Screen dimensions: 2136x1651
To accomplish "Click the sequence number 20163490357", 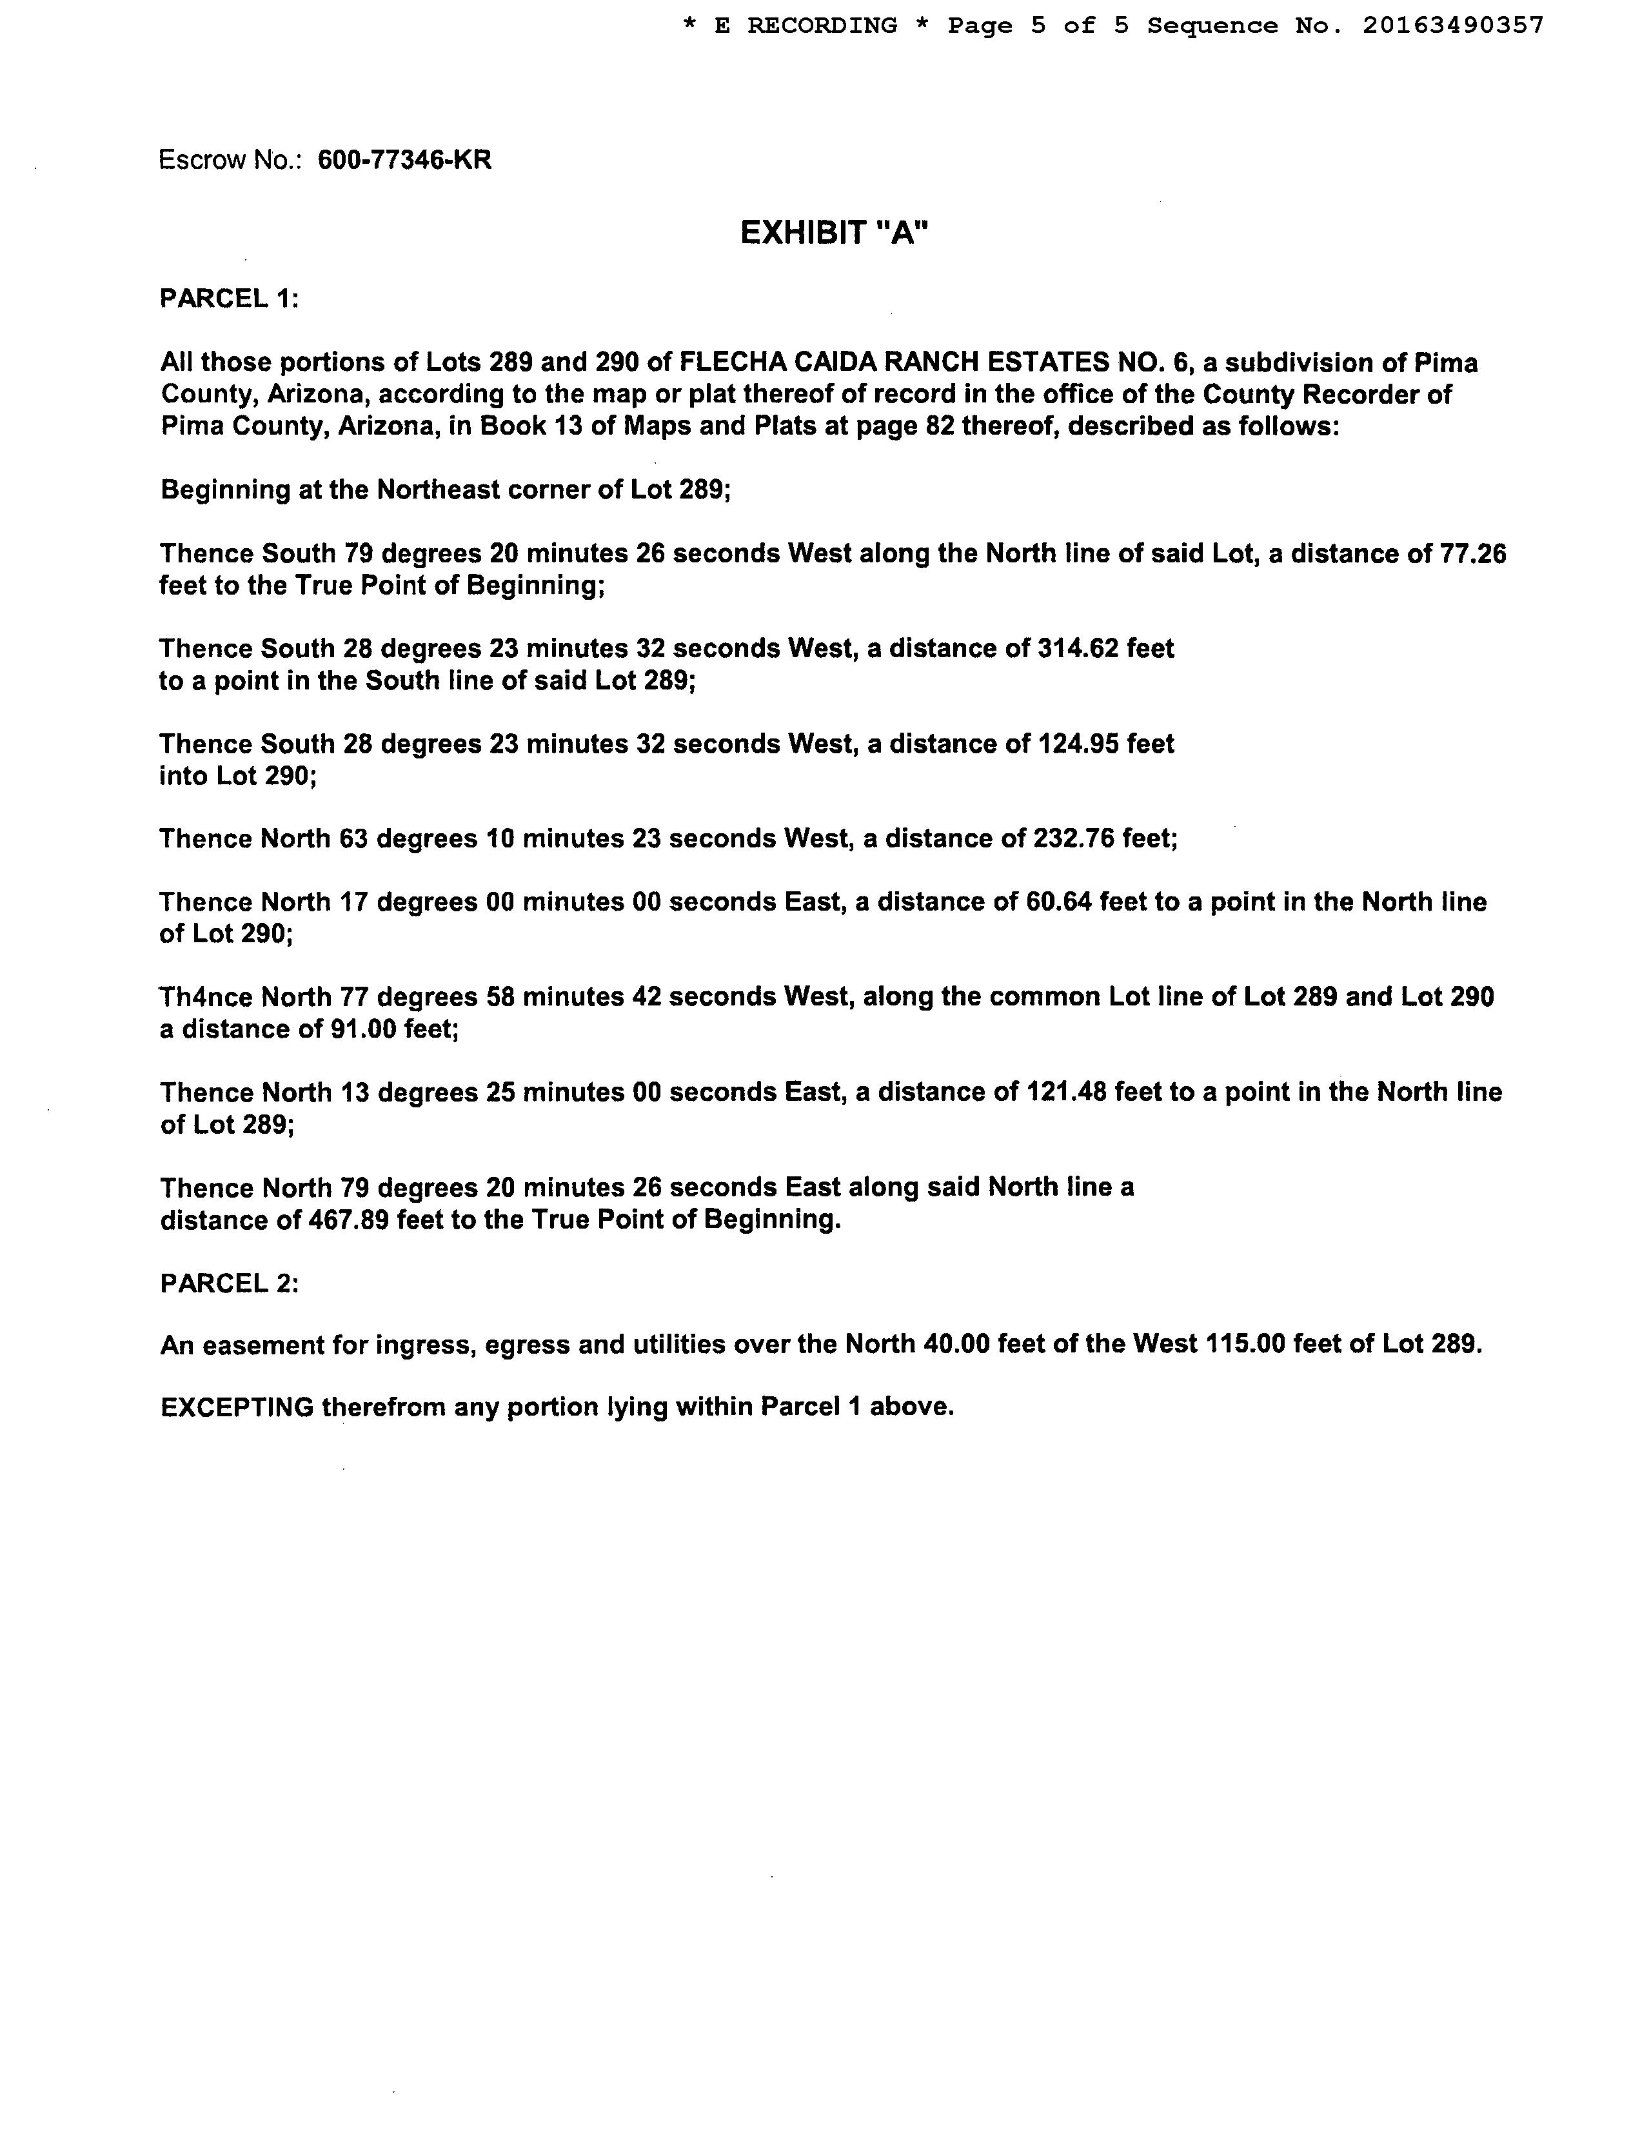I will [1452, 25].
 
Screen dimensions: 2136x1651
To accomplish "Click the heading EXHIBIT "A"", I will [833, 233].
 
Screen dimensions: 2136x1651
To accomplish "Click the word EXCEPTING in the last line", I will [237, 1407].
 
